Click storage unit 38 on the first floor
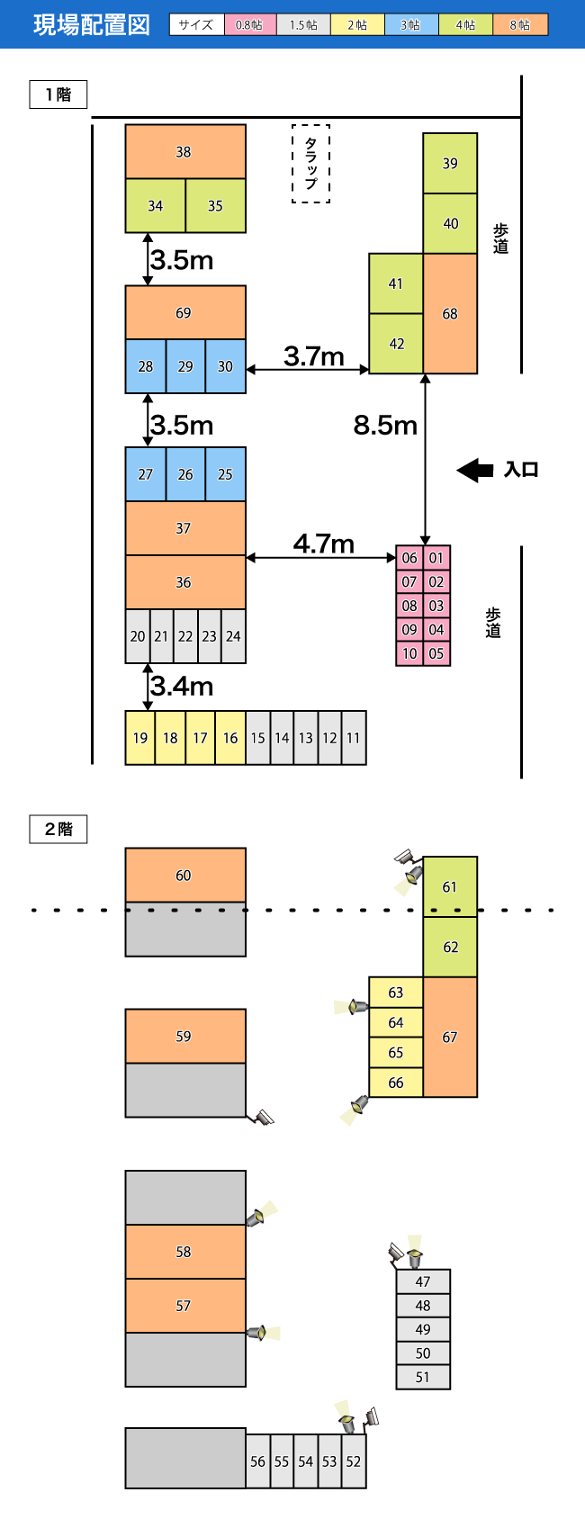click(185, 151)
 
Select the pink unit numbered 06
click(409, 557)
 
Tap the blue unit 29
click(185, 366)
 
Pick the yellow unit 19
click(140, 738)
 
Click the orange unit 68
click(450, 313)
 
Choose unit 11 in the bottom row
click(354, 738)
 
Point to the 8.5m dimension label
click(385, 425)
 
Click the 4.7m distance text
click(323, 544)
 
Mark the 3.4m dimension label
click(182, 687)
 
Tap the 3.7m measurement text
click(314, 356)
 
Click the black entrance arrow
click(474, 470)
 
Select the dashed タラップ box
click(311, 164)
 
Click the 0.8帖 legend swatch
click(249, 25)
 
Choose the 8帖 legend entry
click(520, 25)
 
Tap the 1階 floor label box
click(58, 94)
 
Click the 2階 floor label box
click(58, 829)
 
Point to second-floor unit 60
click(185, 875)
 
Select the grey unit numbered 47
click(423, 1281)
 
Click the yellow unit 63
click(396, 992)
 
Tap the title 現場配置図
click(92, 25)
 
